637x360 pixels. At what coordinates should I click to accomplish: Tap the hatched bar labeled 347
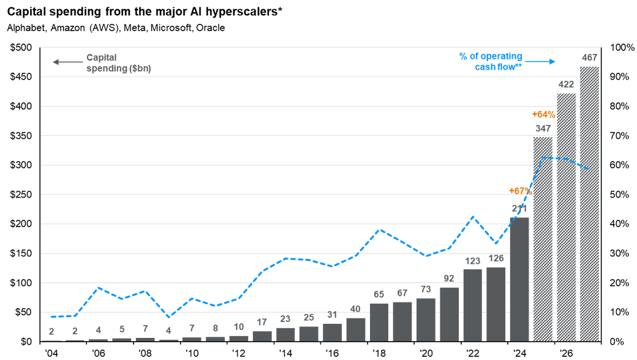(x=543, y=239)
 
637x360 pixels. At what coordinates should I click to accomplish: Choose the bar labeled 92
(x=449, y=314)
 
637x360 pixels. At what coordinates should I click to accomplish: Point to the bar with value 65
(x=379, y=322)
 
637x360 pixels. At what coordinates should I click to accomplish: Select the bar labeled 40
(x=356, y=329)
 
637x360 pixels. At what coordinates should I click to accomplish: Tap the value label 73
(x=426, y=290)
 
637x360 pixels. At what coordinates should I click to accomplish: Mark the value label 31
(x=332, y=315)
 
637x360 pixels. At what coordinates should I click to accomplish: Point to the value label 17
(x=262, y=323)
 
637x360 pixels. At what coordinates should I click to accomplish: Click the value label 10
(x=238, y=327)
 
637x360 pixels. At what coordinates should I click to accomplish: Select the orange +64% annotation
(x=543, y=114)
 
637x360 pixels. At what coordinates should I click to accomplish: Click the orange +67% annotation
(x=519, y=190)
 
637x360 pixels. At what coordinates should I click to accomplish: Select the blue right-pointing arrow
(x=541, y=61)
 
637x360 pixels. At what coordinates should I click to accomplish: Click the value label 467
(x=589, y=58)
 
